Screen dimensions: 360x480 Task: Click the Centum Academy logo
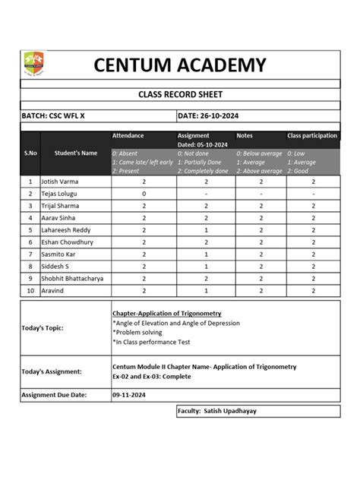pos(34,63)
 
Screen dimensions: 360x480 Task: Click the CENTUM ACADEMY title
pos(180,65)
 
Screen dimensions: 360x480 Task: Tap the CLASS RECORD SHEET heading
pos(180,95)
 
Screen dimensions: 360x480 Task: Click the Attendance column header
pos(128,135)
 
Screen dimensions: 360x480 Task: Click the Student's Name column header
pos(76,153)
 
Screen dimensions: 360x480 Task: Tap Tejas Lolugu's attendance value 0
pos(144,194)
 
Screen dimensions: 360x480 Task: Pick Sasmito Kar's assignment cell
pos(207,254)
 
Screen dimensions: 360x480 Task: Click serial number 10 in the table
pos(30,290)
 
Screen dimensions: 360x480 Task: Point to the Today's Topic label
pos(43,328)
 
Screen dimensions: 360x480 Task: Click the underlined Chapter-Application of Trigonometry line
pos(166,313)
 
